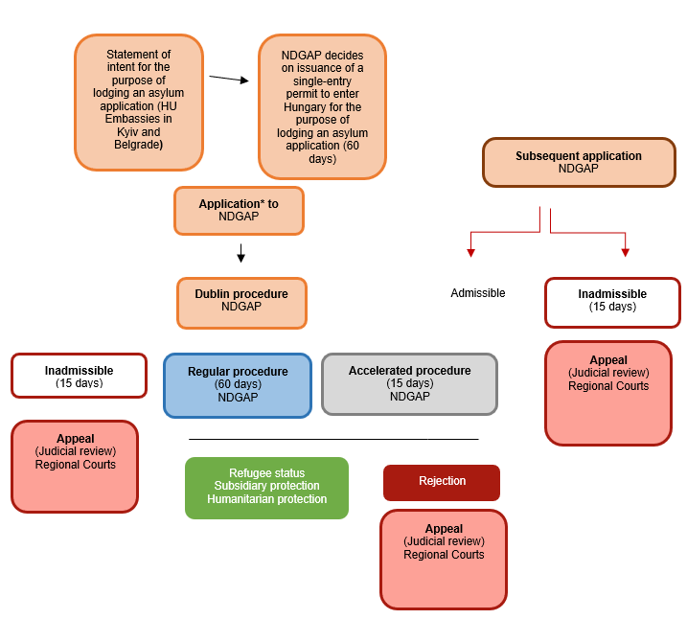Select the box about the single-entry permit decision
(322, 106)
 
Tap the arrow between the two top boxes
(229, 80)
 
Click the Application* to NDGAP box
(239, 210)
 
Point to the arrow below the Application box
(240, 253)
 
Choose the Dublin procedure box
(240, 301)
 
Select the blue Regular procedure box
(238, 384)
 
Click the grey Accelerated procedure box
(409, 383)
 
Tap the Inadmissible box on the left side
(79, 376)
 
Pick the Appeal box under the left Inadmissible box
(75, 466)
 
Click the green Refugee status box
(266, 487)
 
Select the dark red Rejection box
(442, 482)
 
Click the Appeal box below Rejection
(443, 559)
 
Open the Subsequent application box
(578, 162)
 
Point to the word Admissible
(477, 293)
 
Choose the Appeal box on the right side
(607, 393)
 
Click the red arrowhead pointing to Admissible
(470, 252)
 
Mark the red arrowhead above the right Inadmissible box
(625, 252)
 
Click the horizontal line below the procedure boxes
(333, 439)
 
